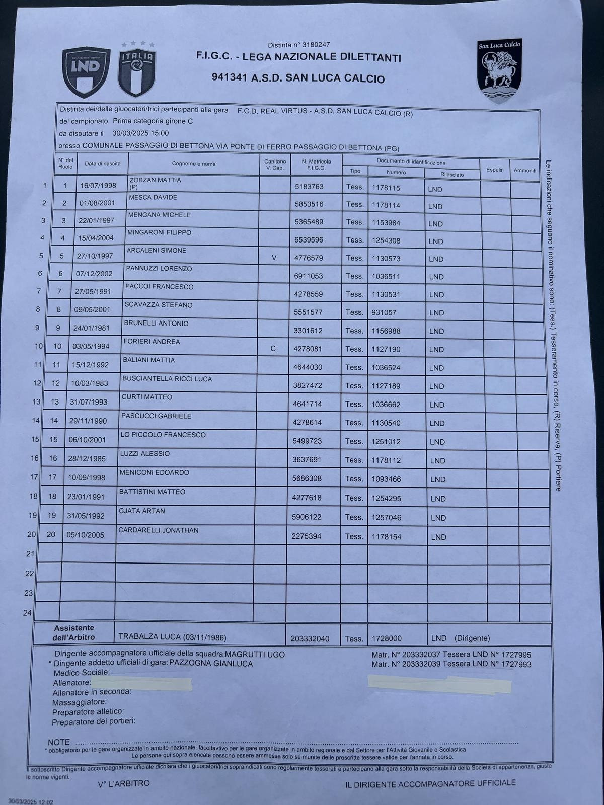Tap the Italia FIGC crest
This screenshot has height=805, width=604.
pyautogui.click(x=136, y=70)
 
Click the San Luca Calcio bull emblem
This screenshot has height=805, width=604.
pyautogui.click(x=499, y=70)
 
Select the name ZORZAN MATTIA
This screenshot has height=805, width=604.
pyautogui.click(x=155, y=180)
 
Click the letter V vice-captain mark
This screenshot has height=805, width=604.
pyautogui.click(x=274, y=258)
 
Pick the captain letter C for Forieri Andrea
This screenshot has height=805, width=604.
pyautogui.click(x=273, y=348)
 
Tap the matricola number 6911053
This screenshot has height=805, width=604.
pyautogui.click(x=309, y=276)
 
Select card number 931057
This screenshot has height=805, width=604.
pyautogui.click(x=384, y=312)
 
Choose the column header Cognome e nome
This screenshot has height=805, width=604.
pyautogui.click(x=194, y=164)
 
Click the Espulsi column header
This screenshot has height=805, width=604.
pyautogui.click(x=495, y=170)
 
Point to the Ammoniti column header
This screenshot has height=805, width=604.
pyautogui.click(x=525, y=170)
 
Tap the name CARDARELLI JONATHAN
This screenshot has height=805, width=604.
pyautogui.click(x=158, y=530)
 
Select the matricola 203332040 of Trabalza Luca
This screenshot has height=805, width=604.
pyautogui.click(x=310, y=639)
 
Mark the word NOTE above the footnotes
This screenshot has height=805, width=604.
pyautogui.click(x=59, y=742)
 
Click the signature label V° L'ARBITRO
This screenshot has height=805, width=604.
pyautogui.click(x=123, y=783)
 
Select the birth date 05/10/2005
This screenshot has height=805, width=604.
pyautogui.click(x=85, y=535)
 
